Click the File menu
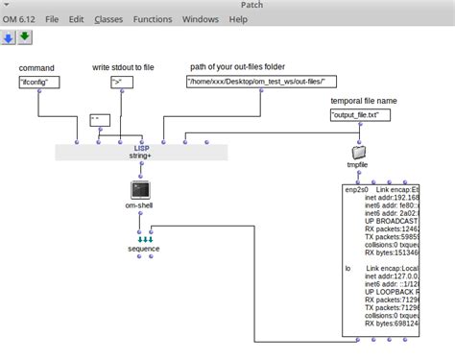coord(52,19)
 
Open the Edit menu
coord(76,19)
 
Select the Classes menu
coord(108,19)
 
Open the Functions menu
coord(153,19)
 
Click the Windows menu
coord(201,19)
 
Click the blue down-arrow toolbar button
coord(8,37)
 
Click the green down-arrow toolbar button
coord(24,37)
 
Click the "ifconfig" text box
coord(39,83)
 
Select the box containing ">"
coord(118,83)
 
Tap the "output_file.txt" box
coord(355,115)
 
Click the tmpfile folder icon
coord(358,152)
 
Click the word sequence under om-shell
coord(143,249)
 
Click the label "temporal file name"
coord(363,100)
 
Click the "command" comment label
coord(36,68)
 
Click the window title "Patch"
coord(227,5)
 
